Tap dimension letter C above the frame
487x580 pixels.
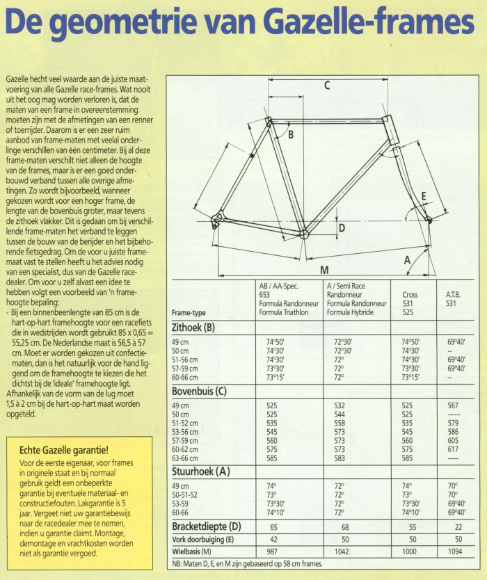pos(326,86)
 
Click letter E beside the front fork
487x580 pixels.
pos(424,197)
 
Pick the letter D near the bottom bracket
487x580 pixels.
pos(342,227)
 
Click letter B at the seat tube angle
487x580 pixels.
pos(291,134)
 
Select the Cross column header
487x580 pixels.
pos(410,294)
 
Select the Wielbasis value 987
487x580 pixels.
pos(272,551)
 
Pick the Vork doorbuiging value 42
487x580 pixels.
pos(272,539)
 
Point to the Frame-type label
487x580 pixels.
pos(189,312)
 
